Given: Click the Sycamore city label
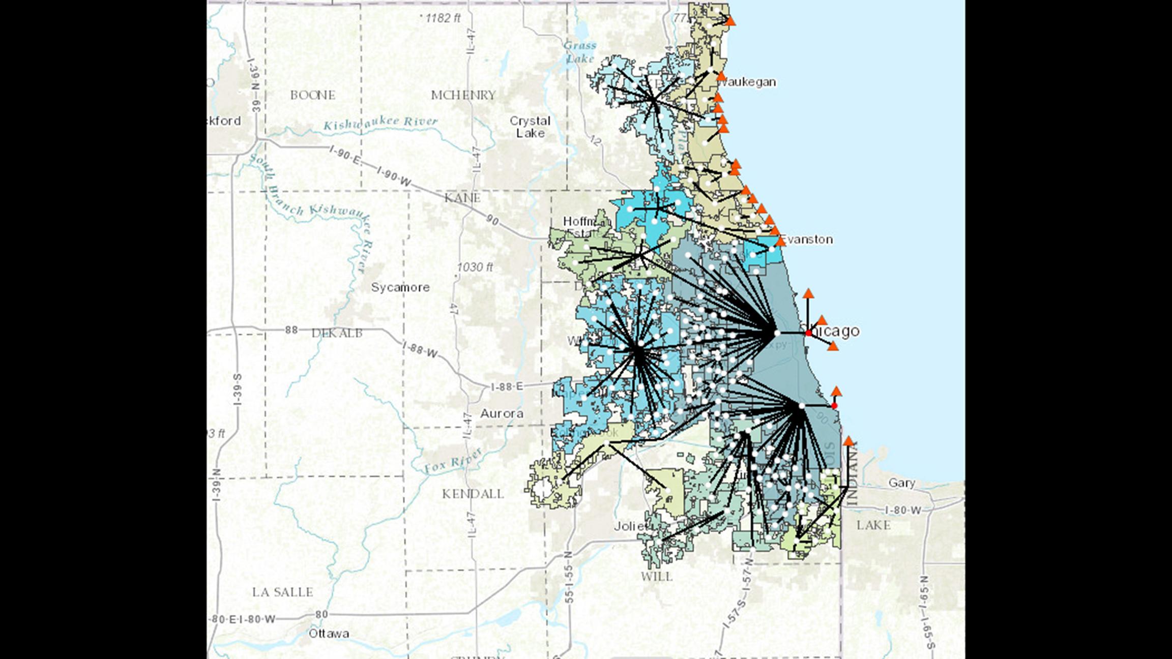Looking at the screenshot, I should (400, 287).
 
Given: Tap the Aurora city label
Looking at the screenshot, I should (502, 413).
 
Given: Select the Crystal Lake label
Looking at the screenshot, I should (530, 127).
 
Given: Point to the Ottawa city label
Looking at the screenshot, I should (329, 634).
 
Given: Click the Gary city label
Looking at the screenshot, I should (901, 483).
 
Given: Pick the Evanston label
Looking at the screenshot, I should (807, 239).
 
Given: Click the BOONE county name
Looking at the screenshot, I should (312, 95).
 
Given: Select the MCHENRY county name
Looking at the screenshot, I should (463, 95).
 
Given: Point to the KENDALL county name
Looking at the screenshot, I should (473, 494).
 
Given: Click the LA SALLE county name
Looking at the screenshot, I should (282, 592).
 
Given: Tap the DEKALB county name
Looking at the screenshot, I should (337, 333).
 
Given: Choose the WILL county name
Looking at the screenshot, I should (656, 577).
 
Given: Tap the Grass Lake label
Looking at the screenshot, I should (579, 52).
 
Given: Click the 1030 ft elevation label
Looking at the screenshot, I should (475, 267).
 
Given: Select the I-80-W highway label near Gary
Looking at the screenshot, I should (903, 510).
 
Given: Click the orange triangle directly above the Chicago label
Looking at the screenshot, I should (808, 294).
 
